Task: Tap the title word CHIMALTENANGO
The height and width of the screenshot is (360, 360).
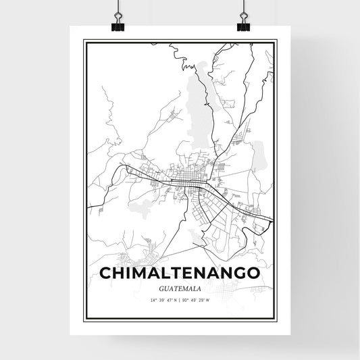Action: tap(180, 273)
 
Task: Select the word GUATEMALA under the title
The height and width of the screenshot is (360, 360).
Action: tap(180, 288)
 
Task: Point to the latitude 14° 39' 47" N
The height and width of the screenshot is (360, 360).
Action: tap(164, 300)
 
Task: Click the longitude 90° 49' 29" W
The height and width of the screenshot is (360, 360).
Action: tap(197, 300)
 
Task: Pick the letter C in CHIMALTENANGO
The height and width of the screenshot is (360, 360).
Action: tap(107, 273)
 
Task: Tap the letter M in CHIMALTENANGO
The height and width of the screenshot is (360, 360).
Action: tap(138, 273)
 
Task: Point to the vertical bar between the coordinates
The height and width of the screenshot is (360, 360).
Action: tap(180, 300)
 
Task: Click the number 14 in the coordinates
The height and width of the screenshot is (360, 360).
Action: tap(153, 300)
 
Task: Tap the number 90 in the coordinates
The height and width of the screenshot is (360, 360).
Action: tap(185, 300)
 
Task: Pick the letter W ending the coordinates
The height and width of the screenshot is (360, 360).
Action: tap(208, 300)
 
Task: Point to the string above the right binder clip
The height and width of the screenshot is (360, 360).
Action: tap(242, 7)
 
